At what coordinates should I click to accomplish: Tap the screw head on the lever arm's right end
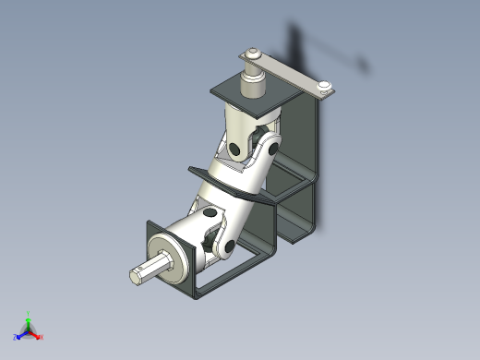click(324, 89)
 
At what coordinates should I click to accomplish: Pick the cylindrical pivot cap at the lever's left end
click(250, 58)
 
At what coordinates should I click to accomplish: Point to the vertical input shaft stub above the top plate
click(253, 86)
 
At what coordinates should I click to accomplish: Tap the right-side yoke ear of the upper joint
click(271, 148)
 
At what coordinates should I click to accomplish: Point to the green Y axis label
click(29, 314)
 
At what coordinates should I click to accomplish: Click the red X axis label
click(42, 337)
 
